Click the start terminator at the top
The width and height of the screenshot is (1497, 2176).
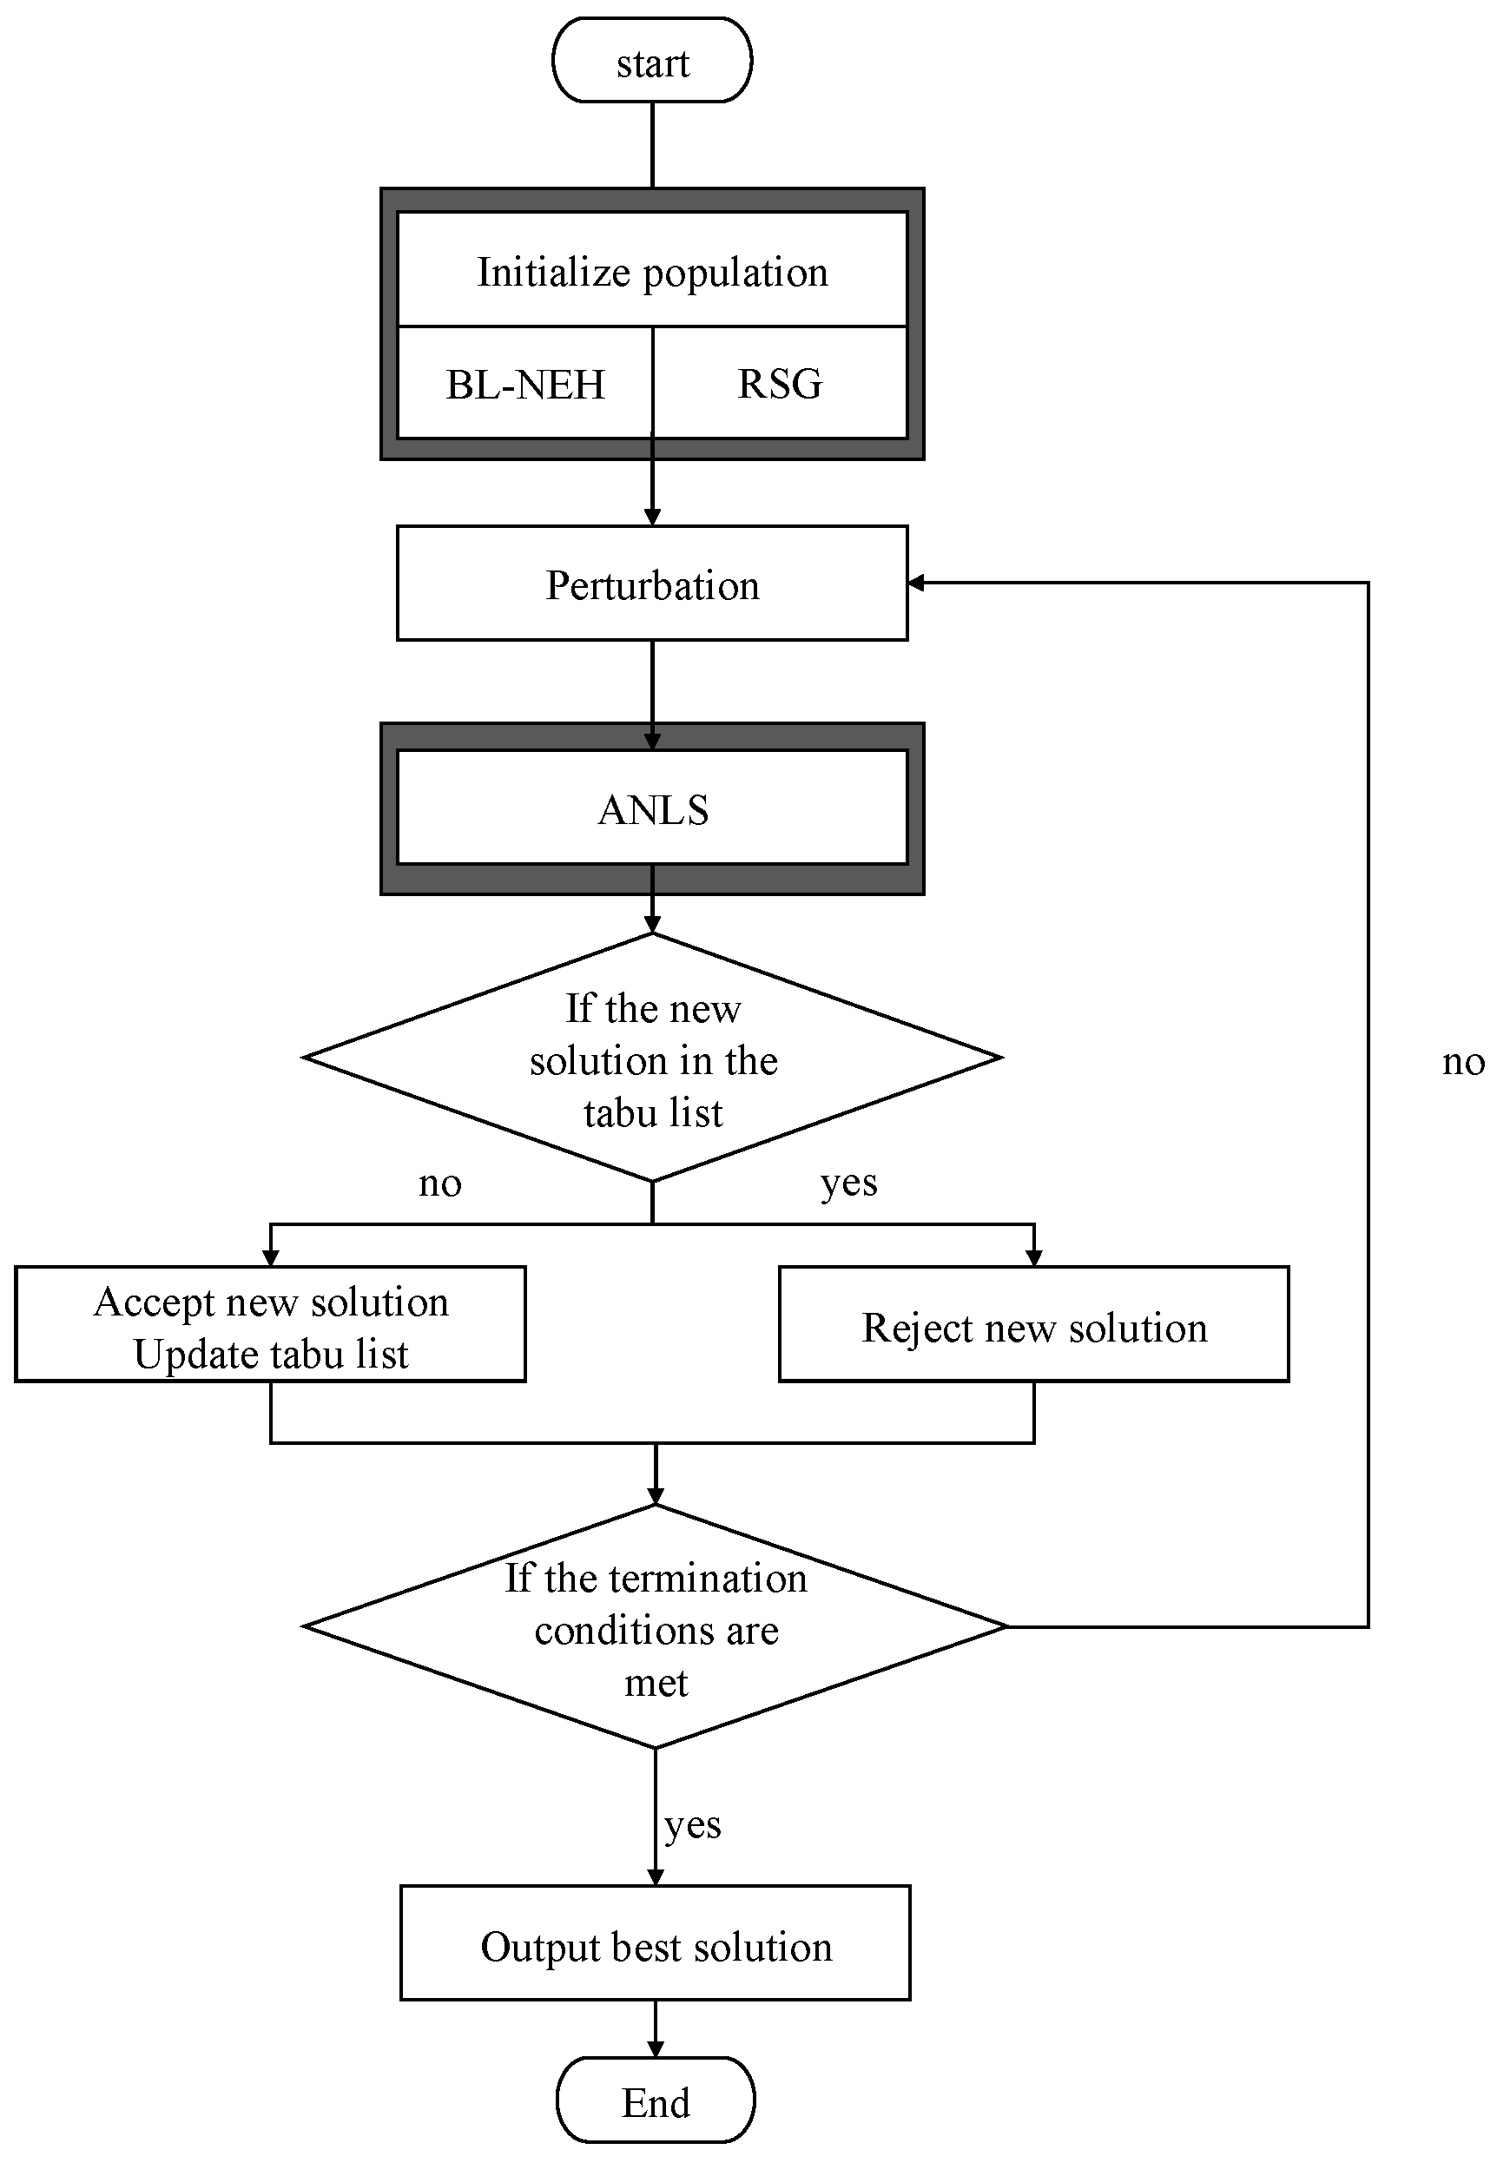pos(652,62)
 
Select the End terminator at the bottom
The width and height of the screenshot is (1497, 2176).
pos(655,2101)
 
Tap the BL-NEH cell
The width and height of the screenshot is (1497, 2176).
pos(525,385)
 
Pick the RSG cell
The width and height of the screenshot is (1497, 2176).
pos(780,385)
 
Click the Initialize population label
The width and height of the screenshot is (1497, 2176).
pos(652,272)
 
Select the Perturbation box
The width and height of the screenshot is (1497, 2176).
pos(652,584)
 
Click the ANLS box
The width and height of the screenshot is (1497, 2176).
pos(652,809)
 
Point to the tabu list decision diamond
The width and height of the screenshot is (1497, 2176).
pos(652,1060)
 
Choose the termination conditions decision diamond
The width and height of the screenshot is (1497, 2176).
pos(655,1629)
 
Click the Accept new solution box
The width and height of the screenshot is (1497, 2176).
pos(270,1303)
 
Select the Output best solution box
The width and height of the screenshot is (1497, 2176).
pos(655,1946)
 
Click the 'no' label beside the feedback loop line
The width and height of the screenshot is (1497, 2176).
pos(1461,1063)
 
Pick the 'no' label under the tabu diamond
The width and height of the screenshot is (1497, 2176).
pos(439,1184)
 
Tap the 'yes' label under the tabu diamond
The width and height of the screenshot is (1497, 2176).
pos(848,1184)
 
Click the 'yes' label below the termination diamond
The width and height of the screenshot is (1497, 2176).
pos(692,1824)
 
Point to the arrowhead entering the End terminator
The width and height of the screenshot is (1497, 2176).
pos(655,2048)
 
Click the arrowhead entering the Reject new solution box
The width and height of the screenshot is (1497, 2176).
pos(1033,1259)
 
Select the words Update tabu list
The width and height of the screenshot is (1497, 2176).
pos(270,1355)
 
